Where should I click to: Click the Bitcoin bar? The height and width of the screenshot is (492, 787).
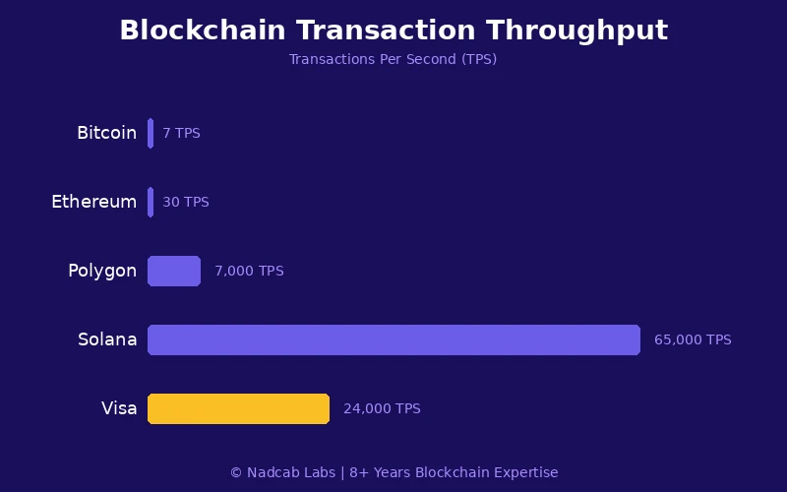151,133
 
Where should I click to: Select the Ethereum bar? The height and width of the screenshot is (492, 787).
151,202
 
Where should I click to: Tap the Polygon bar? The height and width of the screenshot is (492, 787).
174,271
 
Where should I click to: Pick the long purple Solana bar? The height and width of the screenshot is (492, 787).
393,339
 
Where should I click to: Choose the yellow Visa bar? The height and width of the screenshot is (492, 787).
238,408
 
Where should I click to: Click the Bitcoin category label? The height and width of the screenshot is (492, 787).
106,133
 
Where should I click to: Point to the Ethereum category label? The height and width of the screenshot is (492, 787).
93,202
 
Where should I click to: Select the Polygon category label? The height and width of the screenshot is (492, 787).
102,271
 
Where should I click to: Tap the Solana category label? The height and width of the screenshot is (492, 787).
107,339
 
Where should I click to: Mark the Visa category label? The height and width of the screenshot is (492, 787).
119,408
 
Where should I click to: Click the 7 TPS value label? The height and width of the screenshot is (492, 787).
181,133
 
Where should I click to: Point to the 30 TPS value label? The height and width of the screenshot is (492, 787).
186,202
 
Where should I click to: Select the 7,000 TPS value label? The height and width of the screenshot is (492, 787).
249,271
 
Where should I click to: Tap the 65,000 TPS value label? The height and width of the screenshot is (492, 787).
693,339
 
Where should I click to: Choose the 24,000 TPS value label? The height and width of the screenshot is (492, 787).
382,408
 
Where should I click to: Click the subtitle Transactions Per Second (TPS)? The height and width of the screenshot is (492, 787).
393,59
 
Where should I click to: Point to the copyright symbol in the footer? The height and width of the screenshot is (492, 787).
236,472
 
